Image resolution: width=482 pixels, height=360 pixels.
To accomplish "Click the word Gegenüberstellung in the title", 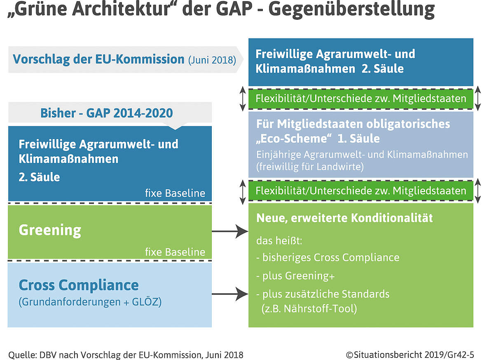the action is [351, 9].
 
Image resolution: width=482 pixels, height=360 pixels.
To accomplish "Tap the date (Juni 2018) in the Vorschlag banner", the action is [212, 60].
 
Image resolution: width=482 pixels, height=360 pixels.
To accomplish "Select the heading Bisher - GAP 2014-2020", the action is [107, 113].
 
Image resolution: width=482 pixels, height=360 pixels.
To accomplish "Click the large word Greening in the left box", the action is [50, 230].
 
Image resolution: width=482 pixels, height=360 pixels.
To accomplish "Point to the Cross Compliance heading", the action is [79, 285].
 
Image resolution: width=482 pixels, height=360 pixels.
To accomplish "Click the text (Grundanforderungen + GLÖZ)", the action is [90, 302].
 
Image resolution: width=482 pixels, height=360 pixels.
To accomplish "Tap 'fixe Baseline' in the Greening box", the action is [175, 252].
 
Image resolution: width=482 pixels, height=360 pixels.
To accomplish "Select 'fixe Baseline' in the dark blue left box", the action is [175, 193].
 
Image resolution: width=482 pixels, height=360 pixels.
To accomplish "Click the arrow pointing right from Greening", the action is [230, 231].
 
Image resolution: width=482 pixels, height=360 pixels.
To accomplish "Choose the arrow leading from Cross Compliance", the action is [230, 294].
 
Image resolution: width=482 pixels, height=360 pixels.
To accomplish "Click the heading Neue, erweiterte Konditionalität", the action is [344, 218].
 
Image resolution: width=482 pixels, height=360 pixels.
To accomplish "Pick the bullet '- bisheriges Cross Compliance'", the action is [328, 258].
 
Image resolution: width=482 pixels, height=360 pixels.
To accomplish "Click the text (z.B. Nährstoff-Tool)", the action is [309, 308].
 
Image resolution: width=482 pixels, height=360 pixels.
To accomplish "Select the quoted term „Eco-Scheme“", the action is [294, 139].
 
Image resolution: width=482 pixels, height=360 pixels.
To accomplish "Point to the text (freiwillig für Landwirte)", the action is [310, 167].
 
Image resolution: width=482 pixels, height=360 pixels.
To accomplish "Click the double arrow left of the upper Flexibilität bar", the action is [243, 99].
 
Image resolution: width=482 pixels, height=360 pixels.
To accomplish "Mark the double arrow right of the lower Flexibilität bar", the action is [478, 191].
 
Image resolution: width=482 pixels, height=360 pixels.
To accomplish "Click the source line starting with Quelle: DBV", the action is [126, 355].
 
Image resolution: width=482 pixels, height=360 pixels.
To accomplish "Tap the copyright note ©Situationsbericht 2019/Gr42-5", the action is [410, 355].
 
